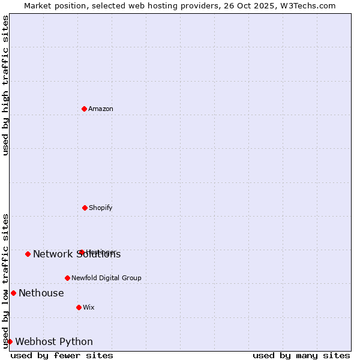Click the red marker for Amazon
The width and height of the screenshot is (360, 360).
[x=84, y=109]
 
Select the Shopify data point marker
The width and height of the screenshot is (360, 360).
[x=85, y=208]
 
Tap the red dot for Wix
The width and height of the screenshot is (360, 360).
[x=79, y=307]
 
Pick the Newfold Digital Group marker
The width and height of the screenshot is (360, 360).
[x=67, y=278]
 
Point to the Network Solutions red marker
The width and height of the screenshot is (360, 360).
[x=28, y=254]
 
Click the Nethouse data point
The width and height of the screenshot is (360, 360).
[x=13, y=293]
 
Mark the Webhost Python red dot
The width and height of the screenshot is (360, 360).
[x=10, y=341]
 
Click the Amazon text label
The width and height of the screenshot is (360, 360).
[x=101, y=109]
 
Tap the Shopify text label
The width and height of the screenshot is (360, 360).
[x=101, y=208]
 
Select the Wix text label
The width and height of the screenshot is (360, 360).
[x=89, y=308]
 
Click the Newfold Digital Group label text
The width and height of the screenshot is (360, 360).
[x=106, y=278]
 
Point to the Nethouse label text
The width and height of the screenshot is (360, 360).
[x=41, y=293]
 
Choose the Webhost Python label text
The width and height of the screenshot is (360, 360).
[x=54, y=342]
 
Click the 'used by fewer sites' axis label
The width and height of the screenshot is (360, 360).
[x=62, y=355]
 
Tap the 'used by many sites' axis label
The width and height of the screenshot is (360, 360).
[x=301, y=355]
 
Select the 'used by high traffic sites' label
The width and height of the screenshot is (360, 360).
[x=5, y=86]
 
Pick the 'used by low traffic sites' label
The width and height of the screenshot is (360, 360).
[x=5, y=281]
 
